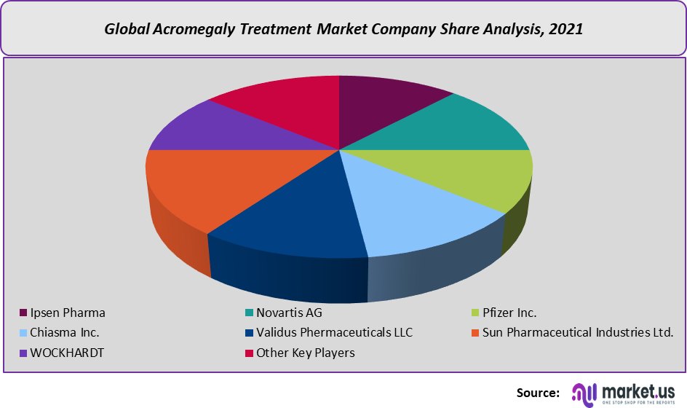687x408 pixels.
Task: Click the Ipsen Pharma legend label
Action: click(68, 313)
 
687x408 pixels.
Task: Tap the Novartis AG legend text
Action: click(289, 313)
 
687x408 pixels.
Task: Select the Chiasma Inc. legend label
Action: click(65, 332)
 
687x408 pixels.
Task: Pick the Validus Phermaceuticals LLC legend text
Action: click(334, 332)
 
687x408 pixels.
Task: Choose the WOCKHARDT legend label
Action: click(67, 353)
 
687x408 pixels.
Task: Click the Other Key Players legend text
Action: click(305, 353)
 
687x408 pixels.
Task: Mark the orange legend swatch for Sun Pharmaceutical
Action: click(475, 333)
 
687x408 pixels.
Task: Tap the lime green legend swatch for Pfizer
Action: click(475, 313)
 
